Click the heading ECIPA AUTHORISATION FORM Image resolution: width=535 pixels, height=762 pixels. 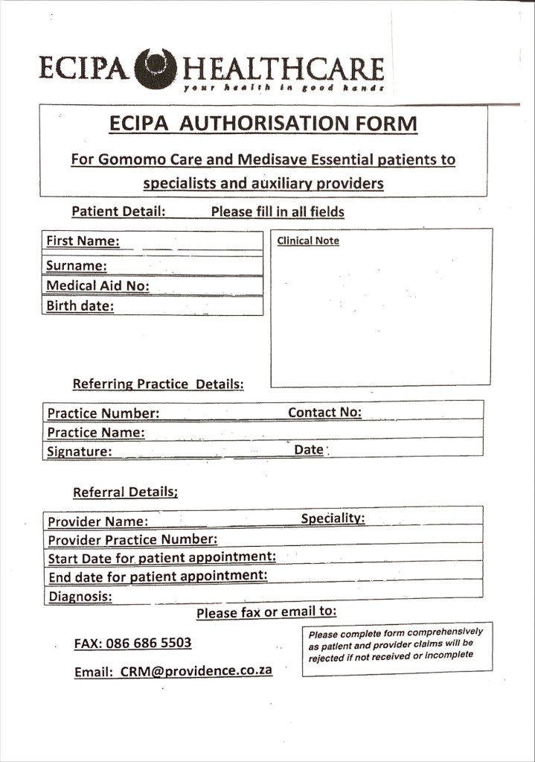(263, 124)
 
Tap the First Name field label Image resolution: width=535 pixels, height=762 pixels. (83, 241)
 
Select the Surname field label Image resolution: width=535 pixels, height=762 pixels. (76, 265)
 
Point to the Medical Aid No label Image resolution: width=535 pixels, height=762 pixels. (97, 285)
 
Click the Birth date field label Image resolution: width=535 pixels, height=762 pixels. (80, 305)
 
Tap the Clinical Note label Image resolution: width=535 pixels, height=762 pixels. (308, 241)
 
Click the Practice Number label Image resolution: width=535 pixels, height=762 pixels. (103, 413)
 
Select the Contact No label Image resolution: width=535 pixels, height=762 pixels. (324, 412)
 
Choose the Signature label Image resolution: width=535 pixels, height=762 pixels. (79, 451)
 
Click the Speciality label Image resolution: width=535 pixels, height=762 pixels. (333, 518)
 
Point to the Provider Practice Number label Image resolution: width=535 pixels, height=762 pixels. (132, 539)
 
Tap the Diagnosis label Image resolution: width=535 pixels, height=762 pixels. (80, 597)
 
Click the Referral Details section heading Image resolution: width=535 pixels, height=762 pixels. (125, 492)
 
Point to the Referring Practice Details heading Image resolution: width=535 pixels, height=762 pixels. (158, 384)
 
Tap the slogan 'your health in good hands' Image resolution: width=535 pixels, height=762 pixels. (283, 88)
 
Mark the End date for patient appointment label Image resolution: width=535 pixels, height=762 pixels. (157, 576)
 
